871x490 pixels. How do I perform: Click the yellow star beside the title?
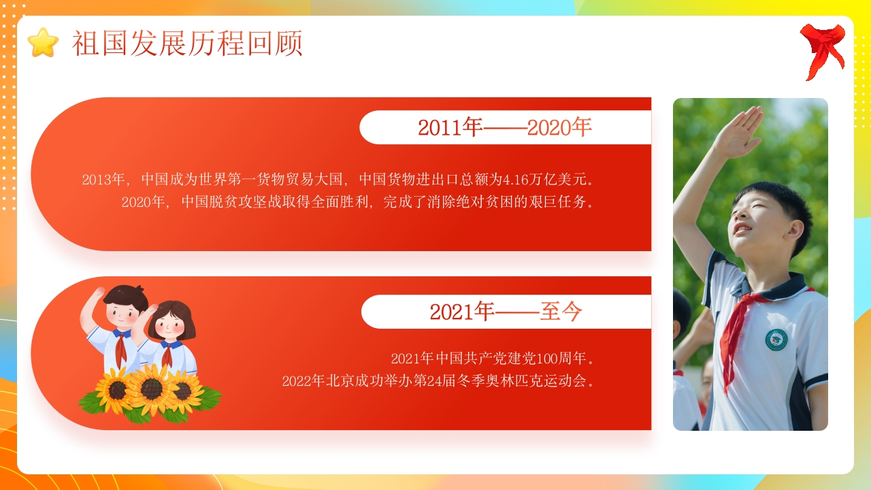pos(43,42)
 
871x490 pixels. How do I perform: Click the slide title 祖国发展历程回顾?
pos(187,43)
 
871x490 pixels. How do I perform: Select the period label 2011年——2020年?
pos(505,127)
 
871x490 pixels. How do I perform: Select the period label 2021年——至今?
pos(506,312)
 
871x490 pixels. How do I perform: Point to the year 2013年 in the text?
pos(103,179)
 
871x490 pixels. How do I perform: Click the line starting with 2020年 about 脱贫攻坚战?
pos(358,202)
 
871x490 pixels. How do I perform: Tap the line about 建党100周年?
pos(493,358)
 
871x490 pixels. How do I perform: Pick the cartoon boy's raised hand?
pos(97,293)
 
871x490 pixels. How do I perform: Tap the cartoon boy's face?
pos(122,314)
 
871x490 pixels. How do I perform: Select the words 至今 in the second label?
pos(561,312)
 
